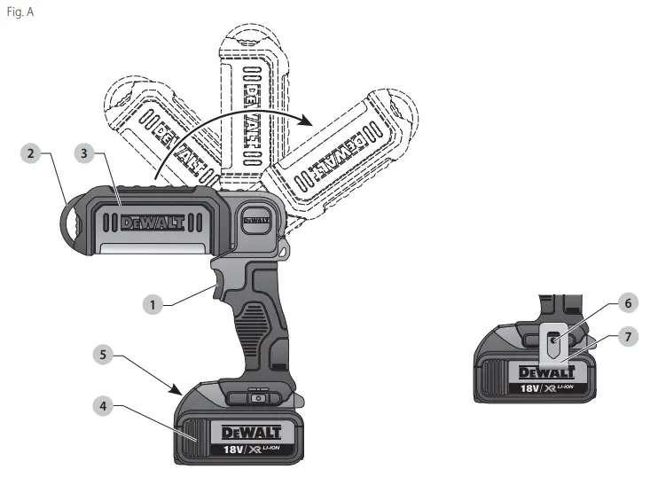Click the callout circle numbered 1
tap(153, 304)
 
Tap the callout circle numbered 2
tap(31, 153)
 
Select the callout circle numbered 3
tap(83, 153)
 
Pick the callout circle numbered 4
tap(104, 407)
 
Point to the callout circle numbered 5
tap(104, 354)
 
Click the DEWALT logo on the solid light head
tap(153, 223)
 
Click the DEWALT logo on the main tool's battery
tap(250, 433)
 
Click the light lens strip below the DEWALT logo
tap(151, 250)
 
